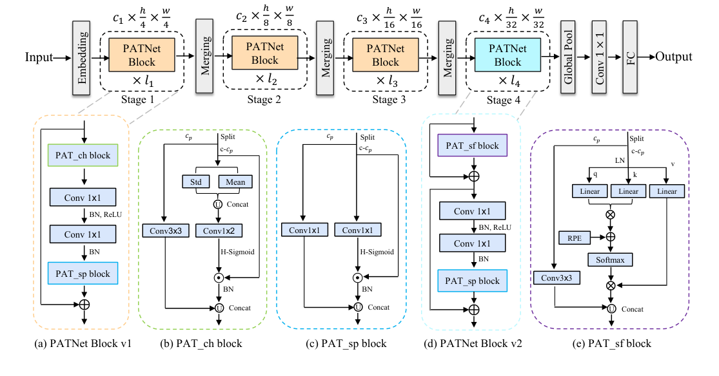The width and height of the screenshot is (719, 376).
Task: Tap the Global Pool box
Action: click(567, 57)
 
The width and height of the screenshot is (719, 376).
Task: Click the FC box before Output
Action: click(630, 57)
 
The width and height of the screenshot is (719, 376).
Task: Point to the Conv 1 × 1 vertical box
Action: click(599, 57)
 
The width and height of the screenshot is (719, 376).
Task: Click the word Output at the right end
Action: click(674, 57)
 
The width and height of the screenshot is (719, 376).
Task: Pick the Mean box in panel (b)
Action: click(234, 182)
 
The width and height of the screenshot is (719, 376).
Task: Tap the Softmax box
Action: click(609, 259)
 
